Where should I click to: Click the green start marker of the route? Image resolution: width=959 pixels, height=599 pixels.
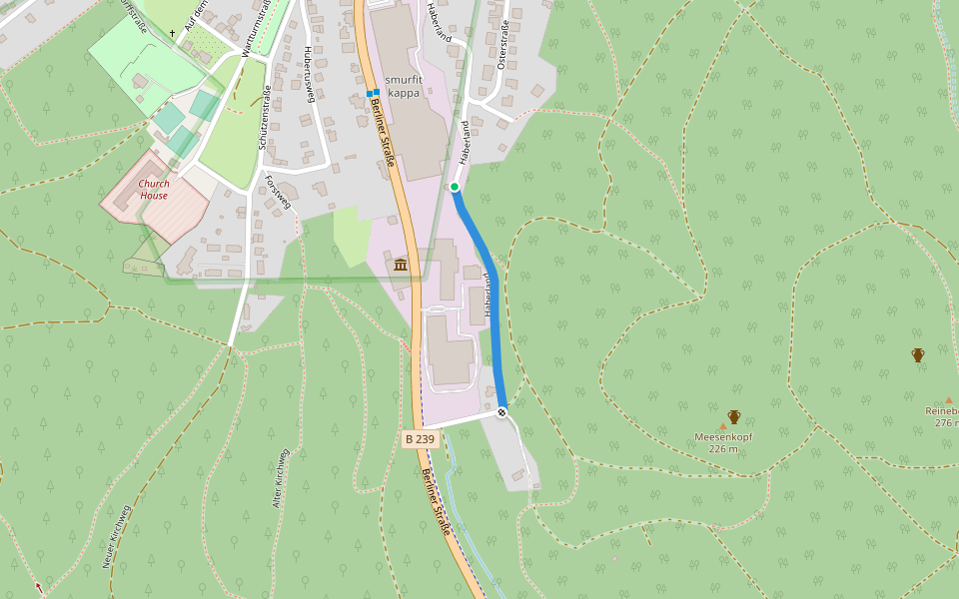pos(455,187)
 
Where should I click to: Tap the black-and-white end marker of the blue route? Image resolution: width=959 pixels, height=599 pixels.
pos(501,412)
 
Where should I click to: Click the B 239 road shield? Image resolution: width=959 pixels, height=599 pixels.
pos(421,439)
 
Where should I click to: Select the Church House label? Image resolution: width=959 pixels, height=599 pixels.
pos(154,190)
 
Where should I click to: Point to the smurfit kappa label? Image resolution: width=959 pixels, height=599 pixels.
pos(403,86)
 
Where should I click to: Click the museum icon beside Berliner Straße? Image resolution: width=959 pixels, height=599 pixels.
pos(401,265)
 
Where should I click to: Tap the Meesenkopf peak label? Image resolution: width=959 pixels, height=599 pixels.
pos(723,437)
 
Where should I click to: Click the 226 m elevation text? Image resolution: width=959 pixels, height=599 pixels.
pos(723,449)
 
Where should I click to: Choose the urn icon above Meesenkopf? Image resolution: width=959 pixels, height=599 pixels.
pos(734,416)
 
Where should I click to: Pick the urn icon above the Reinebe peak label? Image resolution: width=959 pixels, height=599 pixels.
pos(918,354)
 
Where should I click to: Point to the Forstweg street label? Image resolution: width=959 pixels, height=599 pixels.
pos(278,192)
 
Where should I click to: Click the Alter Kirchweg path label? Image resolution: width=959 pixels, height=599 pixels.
pos(281,479)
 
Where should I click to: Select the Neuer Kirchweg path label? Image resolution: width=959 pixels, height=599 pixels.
pos(116,536)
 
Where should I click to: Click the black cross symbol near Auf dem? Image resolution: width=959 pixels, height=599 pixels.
pos(172,33)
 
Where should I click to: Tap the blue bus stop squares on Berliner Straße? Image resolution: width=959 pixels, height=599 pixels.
pos(373,94)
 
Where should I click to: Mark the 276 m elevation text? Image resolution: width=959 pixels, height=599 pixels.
pos(946,422)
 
